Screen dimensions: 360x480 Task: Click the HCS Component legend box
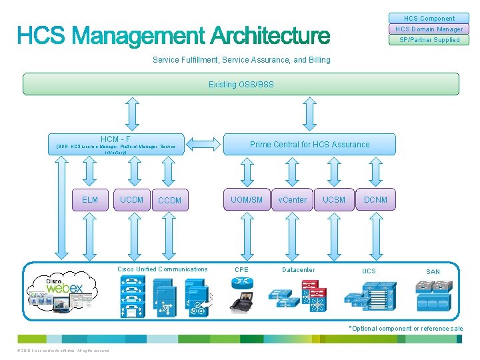[x=429, y=19]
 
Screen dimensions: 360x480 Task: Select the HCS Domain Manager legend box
[x=429, y=29]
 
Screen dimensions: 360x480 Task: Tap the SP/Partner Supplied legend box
[x=429, y=40]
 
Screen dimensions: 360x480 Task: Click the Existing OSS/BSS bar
[x=241, y=84]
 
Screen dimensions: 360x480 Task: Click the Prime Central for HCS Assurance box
[x=309, y=144]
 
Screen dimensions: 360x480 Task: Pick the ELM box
[x=90, y=200]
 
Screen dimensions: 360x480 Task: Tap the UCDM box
[x=131, y=200]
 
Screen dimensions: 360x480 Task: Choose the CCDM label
[x=169, y=201]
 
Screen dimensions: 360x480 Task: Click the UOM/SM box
[x=247, y=200]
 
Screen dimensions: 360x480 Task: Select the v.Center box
[x=292, y=200]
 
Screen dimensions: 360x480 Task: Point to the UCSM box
[x=334, y=200]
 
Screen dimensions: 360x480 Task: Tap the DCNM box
[x=375, y=200]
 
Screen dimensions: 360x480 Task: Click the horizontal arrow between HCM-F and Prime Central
[x=204, y=143]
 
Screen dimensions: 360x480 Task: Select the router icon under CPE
[x=241, y=283]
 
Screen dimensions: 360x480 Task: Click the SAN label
[x=433, y=271]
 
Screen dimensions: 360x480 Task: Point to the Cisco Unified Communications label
[x=162, y=269]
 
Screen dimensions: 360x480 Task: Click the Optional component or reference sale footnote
[x=406, y=329]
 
